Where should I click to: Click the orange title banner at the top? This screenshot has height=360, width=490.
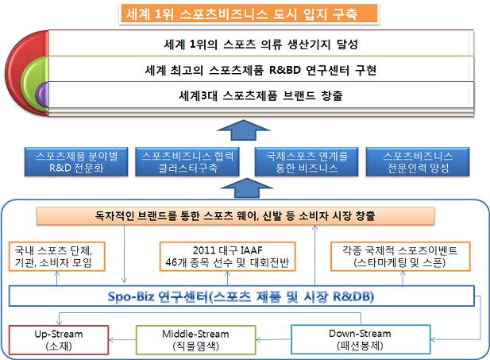coord(249,14)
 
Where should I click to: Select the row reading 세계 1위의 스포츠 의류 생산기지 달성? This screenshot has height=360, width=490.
coord(261,44)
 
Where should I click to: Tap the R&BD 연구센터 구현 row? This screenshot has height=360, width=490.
coord(261,69)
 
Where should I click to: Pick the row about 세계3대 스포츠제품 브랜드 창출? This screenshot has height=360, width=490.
coord(261,95)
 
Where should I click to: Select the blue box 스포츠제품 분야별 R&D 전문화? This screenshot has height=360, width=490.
coord(76,162)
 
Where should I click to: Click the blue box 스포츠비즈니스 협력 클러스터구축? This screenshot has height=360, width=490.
coord(187,162)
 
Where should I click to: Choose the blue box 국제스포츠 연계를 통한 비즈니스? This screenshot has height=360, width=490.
coord(307,162)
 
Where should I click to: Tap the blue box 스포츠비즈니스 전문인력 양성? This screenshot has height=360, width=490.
coord(418,162)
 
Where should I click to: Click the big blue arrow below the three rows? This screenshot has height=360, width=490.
coord(244,130)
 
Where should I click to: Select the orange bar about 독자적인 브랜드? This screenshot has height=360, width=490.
coord(235,216)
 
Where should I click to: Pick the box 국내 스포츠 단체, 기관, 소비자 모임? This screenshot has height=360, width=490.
coord(56,256)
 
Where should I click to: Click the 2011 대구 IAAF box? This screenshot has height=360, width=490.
coord(227,256)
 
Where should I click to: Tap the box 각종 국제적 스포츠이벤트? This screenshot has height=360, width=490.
coord(400,256)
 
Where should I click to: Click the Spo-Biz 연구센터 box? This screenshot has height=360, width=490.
coord(241,296)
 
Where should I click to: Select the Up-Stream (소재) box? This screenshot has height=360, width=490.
coord(59,340)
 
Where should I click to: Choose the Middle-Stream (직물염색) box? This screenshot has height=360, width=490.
coord(195,340)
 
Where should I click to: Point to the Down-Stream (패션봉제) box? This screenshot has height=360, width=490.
coord(361,339)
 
